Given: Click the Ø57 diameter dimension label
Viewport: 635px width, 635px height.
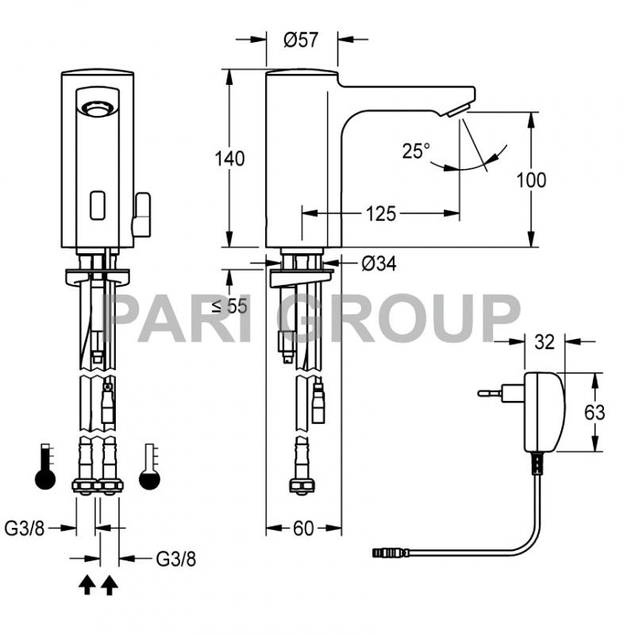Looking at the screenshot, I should point(301,40).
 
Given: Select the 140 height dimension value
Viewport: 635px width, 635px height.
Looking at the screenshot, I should point(230,158).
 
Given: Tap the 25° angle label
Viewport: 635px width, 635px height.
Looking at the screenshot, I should point(415,150).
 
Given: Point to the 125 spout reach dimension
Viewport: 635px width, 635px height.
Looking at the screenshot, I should point(382,213).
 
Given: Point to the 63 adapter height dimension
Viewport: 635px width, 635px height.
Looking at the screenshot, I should point(595,412).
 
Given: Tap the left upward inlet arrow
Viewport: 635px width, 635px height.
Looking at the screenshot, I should point(87,586).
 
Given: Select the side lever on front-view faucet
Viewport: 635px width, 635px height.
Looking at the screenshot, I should point(142,214).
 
